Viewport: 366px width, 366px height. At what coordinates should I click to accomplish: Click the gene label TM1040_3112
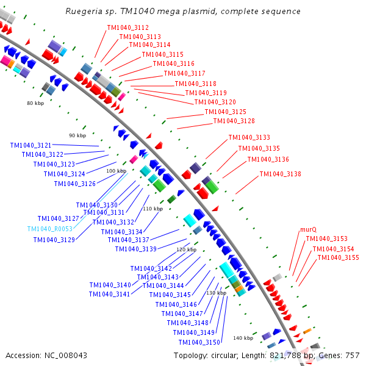coord(127,27)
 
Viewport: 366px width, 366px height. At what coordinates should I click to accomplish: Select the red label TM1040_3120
coord(215,102)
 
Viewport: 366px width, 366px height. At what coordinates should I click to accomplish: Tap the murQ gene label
coord(308,230)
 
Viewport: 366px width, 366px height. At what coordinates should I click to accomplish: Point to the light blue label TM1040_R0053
coord(50,229)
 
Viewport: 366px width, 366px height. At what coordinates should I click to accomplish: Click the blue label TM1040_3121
coord(30,145)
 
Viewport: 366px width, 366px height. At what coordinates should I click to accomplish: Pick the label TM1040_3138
coord(280,174)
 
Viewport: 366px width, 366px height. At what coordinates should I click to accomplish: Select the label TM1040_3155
coord(338,257)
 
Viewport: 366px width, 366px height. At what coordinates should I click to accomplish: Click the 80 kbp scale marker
coord(36,103)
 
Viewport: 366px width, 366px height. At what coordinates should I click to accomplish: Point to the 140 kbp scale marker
coord(243,338)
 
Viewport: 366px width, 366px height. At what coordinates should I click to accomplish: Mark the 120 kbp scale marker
coord(186,249)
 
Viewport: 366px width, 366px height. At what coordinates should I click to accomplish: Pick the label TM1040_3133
coord(249,137)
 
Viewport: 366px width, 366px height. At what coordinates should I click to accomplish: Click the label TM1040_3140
coord(110,285)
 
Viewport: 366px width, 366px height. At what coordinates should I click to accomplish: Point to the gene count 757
coord(352,355)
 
